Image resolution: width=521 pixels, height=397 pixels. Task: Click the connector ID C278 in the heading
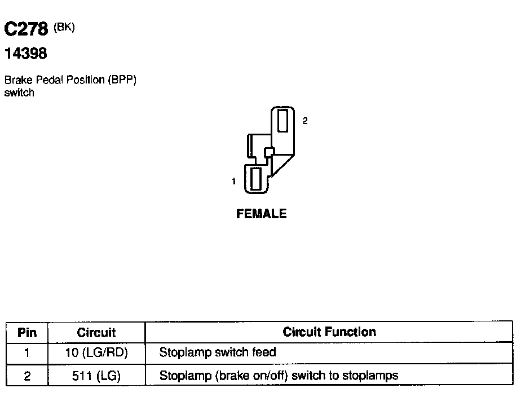[26, 29]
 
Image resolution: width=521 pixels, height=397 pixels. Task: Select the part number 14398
[25, 54]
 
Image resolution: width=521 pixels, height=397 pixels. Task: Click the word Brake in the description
[17, 80]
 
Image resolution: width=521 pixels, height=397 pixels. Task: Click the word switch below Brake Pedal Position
[19, 93]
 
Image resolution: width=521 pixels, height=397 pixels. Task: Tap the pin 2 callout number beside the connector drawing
[305, 120]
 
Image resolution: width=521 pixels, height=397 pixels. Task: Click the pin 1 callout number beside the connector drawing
[233, 181]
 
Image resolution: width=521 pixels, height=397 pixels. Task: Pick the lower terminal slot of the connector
[255, 179]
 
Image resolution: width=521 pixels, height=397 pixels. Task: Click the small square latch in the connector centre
[268, 151]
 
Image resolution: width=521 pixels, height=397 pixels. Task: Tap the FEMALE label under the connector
[261, 214]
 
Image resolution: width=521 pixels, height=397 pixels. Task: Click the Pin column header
[27, 332]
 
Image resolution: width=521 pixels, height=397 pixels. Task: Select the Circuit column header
[96, 332]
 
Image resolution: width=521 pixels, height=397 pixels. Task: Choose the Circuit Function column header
[329, 332]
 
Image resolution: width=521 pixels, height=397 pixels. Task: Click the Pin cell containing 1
[27, 354]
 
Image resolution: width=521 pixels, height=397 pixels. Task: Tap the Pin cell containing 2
[27, 376]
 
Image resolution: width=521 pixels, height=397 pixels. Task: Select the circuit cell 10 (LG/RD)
[96, 354]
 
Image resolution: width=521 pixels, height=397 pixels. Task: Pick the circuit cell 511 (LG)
[96, 376]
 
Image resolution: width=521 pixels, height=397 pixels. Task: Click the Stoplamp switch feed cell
[218, 353]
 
